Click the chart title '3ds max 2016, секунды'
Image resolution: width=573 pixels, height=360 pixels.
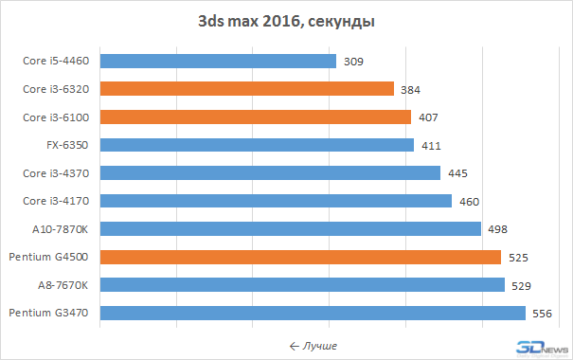[x=286, y=20]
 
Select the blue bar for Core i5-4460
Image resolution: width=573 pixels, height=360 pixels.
[x=217, y=61]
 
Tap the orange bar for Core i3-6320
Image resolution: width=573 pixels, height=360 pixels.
[x=246, y=89]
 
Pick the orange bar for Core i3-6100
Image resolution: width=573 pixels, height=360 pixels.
[x=255, y=117]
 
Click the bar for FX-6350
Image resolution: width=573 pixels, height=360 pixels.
[x=256, y=145]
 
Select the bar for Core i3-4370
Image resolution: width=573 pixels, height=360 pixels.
[x=269, y=172]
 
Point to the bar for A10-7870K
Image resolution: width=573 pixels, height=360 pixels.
[x=290, y=228]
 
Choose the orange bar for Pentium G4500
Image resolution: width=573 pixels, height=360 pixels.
[x=299, y=257]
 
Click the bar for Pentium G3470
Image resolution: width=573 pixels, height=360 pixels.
[x=312, y=313]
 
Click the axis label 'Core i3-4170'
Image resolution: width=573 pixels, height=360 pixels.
[x=58, y=201]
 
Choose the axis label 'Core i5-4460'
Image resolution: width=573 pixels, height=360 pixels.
[x=58, y=62]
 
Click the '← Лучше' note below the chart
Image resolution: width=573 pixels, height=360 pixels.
[x=313, y=345]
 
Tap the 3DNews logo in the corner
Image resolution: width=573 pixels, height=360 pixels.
[x=543, y=346]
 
